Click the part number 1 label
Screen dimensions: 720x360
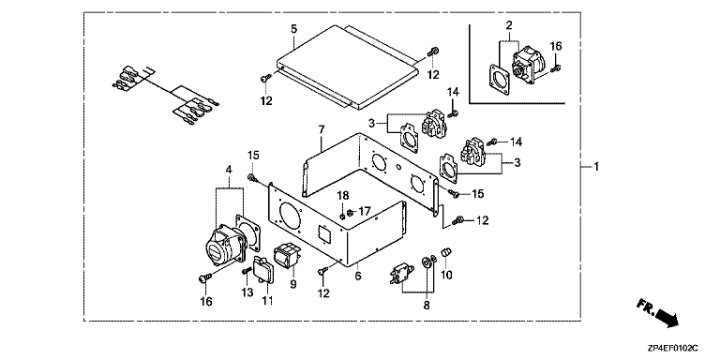click(x=596, y=167)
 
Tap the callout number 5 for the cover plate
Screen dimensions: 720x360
click(x=293, y=29)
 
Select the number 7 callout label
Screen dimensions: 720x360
click(x=322, y=129)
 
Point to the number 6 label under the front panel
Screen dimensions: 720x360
click(x=358, y=276)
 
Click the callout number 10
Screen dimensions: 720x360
click(x=447, y=275)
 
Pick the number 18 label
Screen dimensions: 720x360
click(x=343, y=195)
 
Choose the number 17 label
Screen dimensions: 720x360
click(x=365, y=212)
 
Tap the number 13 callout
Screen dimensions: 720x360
click(x=247, y=292)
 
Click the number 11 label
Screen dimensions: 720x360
click(x=268, y=300)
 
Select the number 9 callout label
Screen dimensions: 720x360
click(x=293, y=284)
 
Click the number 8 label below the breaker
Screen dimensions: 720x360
click(x=427, y=305)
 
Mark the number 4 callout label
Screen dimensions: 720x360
click(x=229, y=171)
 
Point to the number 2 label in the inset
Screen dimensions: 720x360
click(x=509, y=25)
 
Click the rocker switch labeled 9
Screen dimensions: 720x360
click(x=287, y=255)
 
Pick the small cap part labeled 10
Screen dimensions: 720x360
click(x=444, y=252)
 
